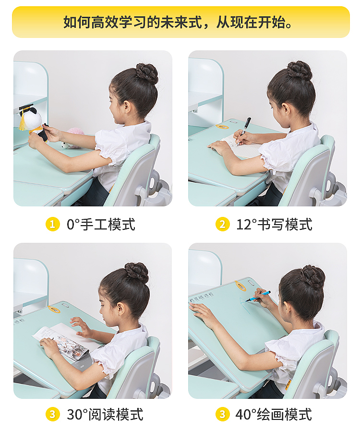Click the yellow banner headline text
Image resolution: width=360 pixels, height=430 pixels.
tap(180, 22)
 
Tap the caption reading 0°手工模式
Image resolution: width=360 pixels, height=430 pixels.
tap(101, 224)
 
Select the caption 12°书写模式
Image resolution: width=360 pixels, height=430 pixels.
tap(274, 224)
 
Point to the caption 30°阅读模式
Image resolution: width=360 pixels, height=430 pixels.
tap(105, 414)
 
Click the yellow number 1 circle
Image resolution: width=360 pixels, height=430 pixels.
tap(52, 224)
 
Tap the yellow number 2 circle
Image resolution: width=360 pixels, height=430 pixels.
tap(222, 224)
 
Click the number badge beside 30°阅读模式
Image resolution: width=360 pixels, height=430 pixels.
tap(52, 414)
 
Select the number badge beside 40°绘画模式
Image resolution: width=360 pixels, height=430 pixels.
tap(222, 414)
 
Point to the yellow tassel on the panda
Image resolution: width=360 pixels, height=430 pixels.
tap(23, 122)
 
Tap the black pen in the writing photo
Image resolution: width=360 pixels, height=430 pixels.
tap(245, 126)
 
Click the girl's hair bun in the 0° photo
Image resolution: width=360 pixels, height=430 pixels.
tap(146, 73)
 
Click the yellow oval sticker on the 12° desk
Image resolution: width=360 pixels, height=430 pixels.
tap(222, 127)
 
